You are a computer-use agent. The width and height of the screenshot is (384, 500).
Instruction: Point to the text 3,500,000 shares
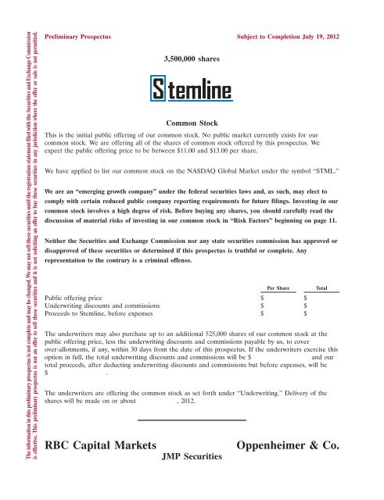pos(192,58)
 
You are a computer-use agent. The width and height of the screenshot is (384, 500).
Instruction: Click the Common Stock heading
pos(192,123)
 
